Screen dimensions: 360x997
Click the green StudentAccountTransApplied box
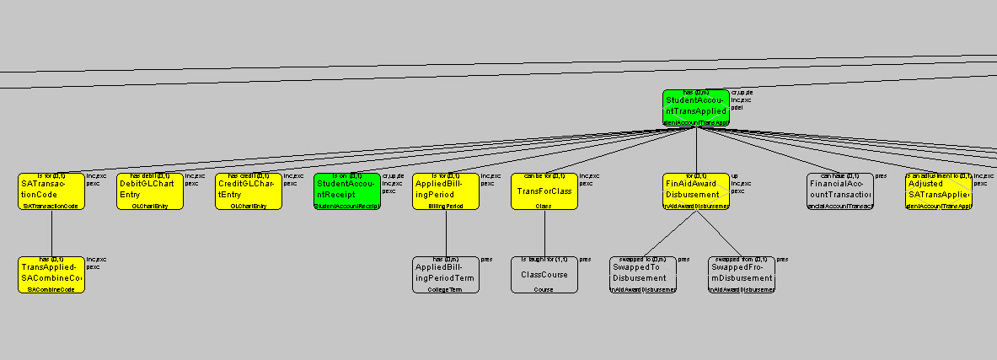pyautogui.click(x=695, y=108)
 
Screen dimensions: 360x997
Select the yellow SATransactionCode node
pyautogui.click(x=51, y=191)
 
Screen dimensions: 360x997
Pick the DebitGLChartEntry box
pyautogui.click(x=150, y=191)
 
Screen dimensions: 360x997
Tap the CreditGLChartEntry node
pyautogui.click(x=249, y=191)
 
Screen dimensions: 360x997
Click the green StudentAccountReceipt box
pyautogui.click(x=347, y=191)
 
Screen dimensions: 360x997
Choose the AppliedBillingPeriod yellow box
pyautogui.click(x=446, y=191)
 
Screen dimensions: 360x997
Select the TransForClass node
pyautogui.click(x=544, y=191)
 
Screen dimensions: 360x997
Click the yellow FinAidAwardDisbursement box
pyautogui.click(x=695, y=191)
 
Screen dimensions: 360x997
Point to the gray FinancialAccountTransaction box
pyautogui.click(x=839, y=191)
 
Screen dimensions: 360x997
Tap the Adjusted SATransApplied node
pyautogui.click(x=939, y=191)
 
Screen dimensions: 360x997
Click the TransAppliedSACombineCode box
pyautogui.click(x=51, y=275)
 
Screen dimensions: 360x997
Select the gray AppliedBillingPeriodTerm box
pyautogui.click(x=446, y=275)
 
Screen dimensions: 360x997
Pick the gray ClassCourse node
pyautogui.click(x=544, y=275)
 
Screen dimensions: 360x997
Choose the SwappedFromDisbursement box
pyautogui.click(x=742, y=275)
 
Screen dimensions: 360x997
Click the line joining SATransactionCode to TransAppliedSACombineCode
pyautogui.click(x=51, y=233)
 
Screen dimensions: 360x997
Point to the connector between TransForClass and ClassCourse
pyautogui.click(x=544, y=233)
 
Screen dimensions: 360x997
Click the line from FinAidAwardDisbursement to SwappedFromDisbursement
pyautogui.click(x=719, y=233)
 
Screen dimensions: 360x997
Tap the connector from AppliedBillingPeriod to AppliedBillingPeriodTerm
pyautogui.click(x=446, y=233)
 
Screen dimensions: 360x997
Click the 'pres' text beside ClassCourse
pyautogui.click(x=585, y=260)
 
